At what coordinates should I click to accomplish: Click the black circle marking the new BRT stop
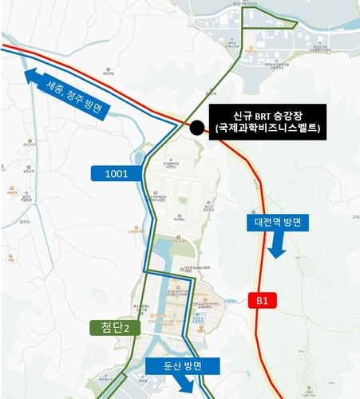pos(197,127)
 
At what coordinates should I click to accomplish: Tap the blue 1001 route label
pos(117,172)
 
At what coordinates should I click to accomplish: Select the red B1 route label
pos(263,300)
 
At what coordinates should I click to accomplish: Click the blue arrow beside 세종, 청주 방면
pos(34,77)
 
